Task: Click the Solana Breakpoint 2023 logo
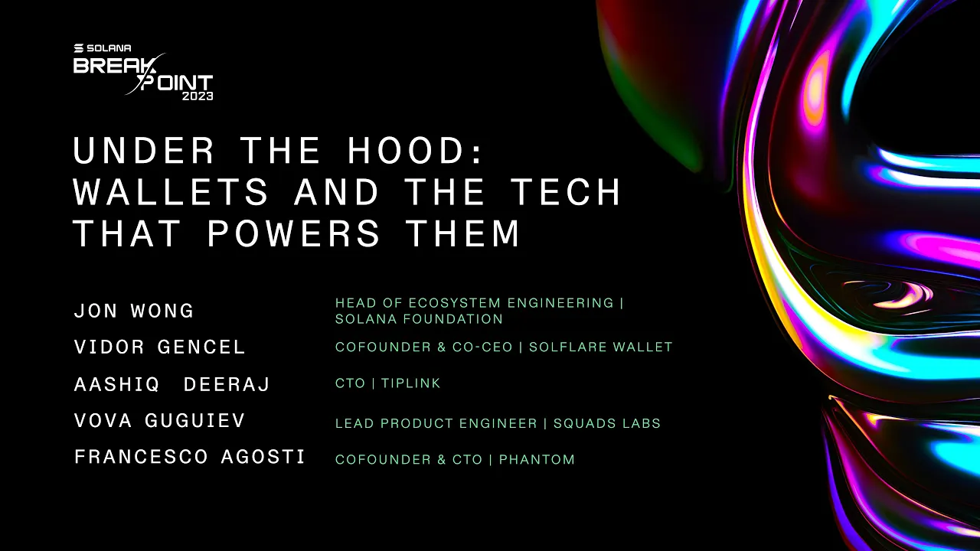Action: [142, 73]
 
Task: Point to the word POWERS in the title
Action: [294, 233]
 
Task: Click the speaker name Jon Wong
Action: [134, 311]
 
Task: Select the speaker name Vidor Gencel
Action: [159, 347]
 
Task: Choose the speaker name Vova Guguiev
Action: [159, 421]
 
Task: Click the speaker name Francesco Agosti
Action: [190, 458]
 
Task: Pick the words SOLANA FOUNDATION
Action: [419, 319]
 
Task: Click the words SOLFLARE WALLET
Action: [601, 347]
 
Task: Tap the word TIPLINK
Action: [411, 383]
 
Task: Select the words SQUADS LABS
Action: [607, 423]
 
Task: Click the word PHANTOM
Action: [537, 460]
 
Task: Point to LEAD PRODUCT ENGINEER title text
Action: [436, 423]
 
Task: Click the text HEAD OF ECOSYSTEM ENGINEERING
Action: [475, 303]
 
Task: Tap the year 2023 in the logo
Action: [197, 96]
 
